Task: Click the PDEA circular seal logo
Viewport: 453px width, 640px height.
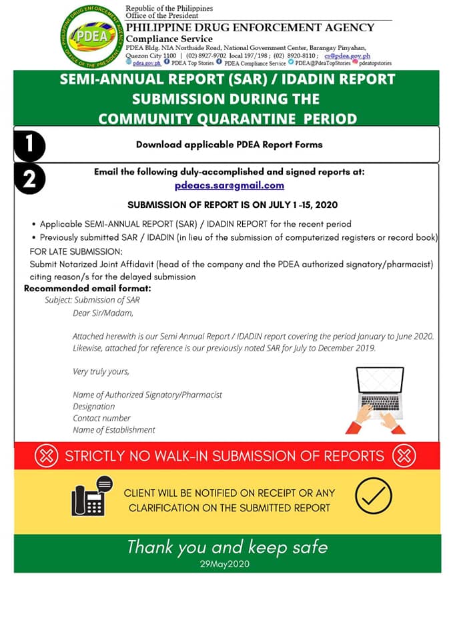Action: (91, 36)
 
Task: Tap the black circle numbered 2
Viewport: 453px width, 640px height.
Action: (29, 179)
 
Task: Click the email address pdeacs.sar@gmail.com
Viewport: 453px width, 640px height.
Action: (230, 185)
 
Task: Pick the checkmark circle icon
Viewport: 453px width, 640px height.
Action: (374, 495)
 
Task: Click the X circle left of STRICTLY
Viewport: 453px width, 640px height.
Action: (46, 456)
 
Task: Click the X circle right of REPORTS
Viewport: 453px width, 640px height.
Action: (404, 456)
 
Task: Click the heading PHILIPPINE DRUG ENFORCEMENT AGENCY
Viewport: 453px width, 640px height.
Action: (250, 27)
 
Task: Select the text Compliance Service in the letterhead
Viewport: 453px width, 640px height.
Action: (169, 39)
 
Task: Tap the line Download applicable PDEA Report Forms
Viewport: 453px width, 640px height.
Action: (229, 144)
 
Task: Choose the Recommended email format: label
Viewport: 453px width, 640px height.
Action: (87, 288)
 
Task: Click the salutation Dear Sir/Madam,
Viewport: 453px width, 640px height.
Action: (103, 313)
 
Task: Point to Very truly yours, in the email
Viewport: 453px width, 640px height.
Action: (101, 371)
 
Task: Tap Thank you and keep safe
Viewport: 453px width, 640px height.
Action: (228, 547)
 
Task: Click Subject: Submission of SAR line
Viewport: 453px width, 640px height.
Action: (92, 300)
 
